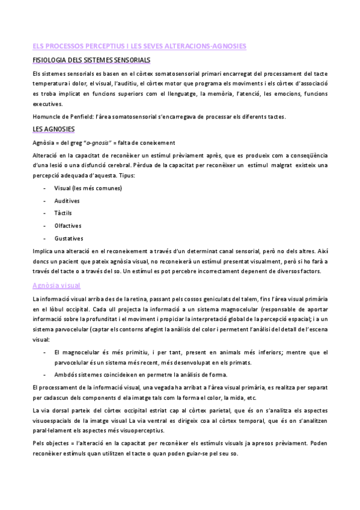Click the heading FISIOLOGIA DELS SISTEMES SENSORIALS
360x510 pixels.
point(91,61)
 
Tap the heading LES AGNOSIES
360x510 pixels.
point(53,129)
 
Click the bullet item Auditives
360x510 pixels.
point(67,200)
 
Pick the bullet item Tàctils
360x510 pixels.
point(64,213)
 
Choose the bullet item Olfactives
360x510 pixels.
point(67,226)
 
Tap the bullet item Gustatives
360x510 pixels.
point(68,238)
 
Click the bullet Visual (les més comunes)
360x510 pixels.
point(88,188)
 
